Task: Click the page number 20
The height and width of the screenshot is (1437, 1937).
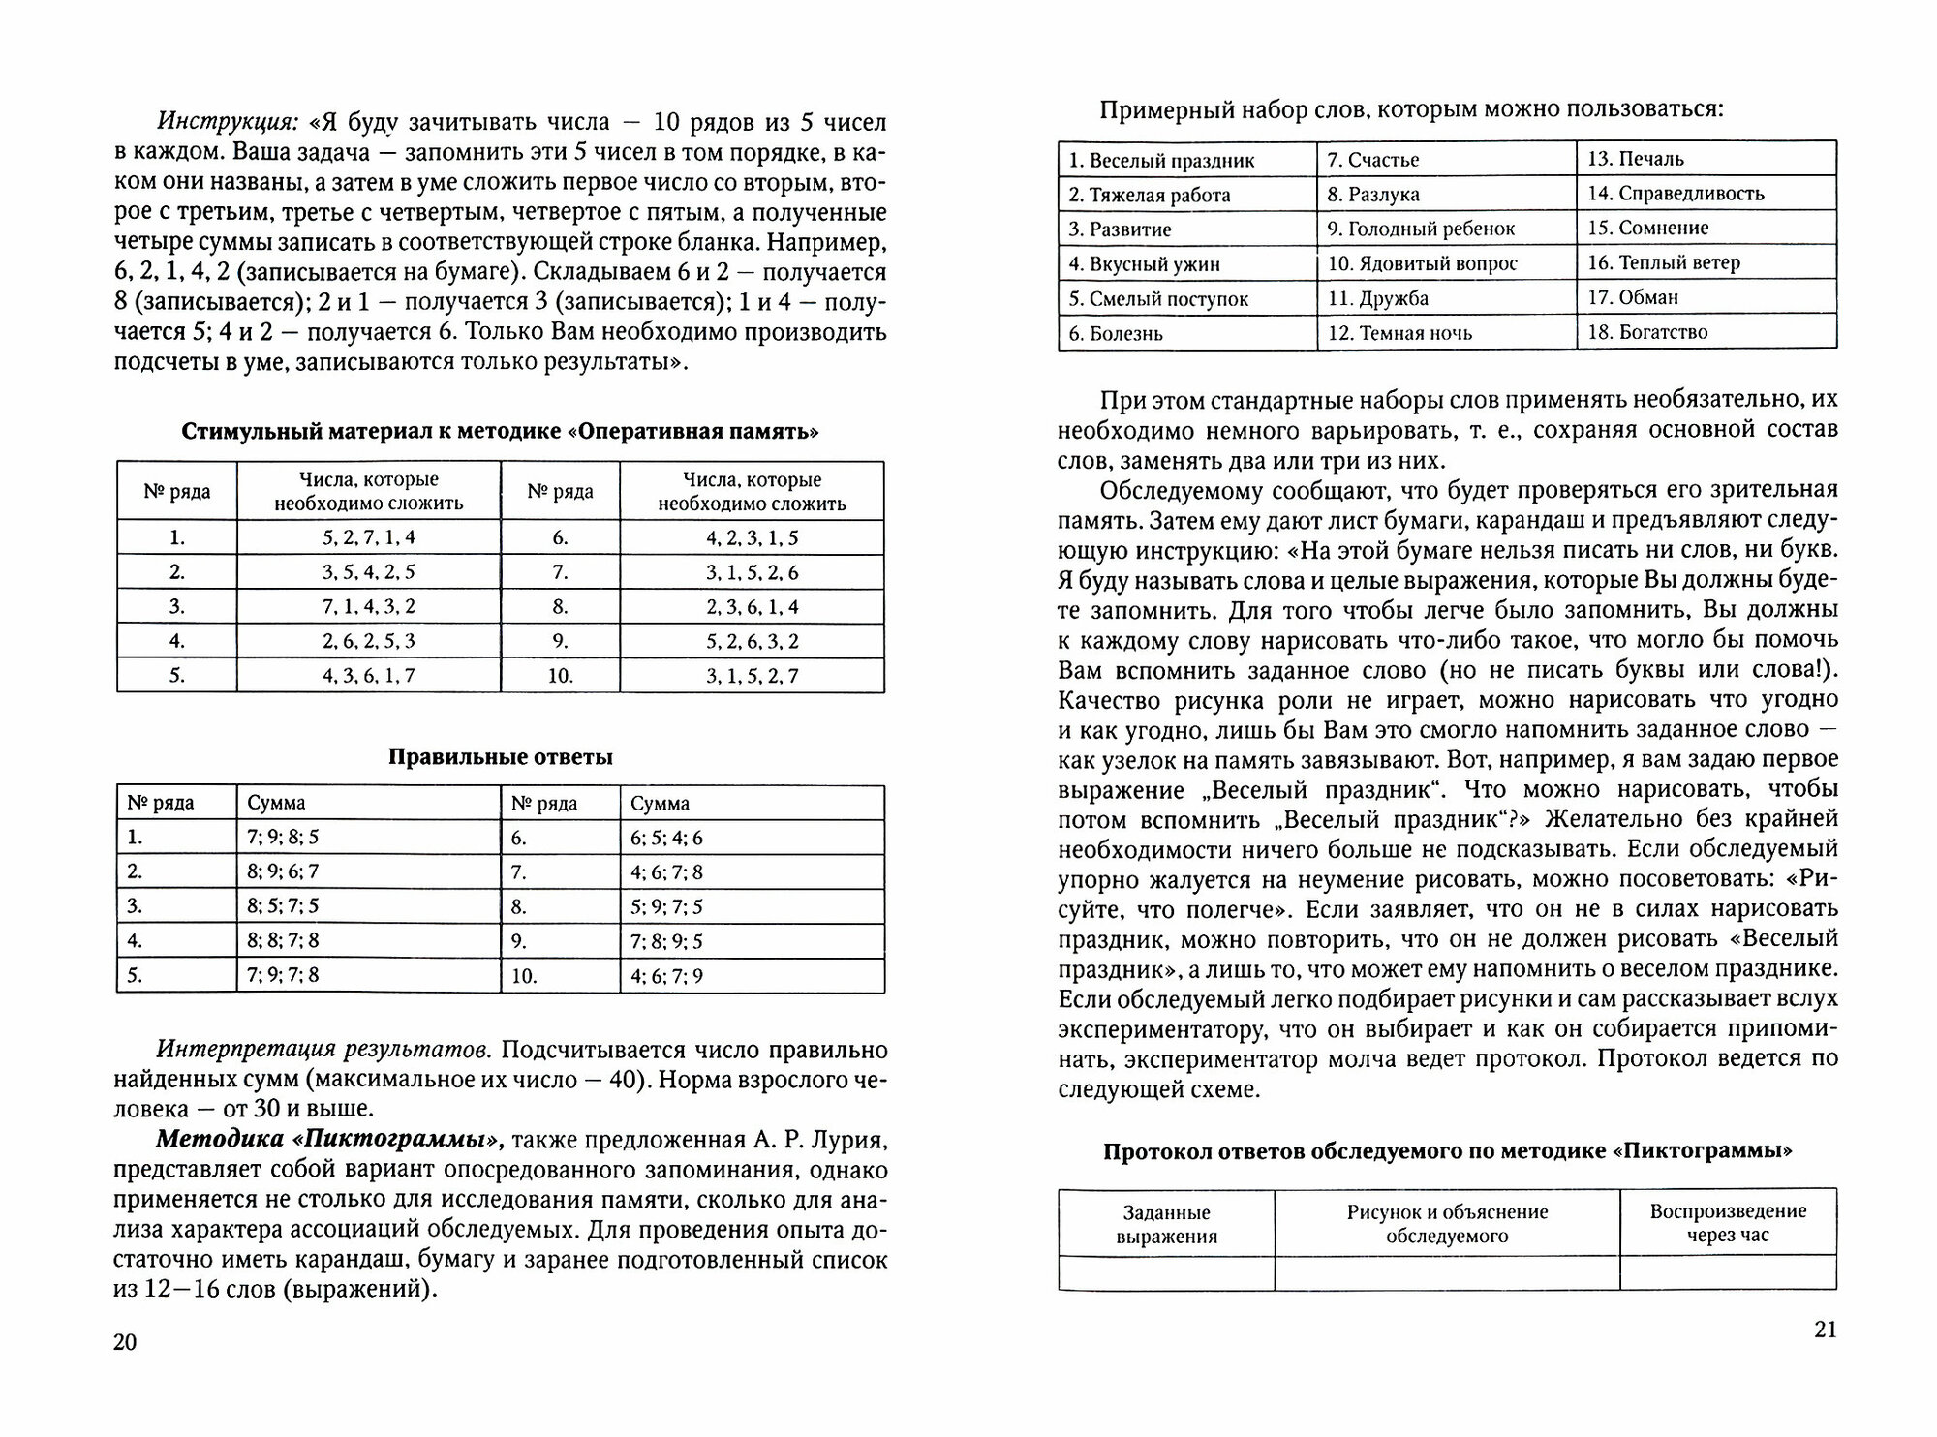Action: pos(126,1341)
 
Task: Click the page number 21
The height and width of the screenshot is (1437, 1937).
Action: pos(1824,1329)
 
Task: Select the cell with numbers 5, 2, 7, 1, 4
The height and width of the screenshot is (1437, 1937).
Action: pos(368,537)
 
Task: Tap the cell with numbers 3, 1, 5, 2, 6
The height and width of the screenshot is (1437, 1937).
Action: pos(752,572)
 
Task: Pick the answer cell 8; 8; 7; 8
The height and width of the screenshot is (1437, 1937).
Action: pos(283,940)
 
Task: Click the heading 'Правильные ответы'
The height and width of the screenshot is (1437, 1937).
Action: pos(500,757)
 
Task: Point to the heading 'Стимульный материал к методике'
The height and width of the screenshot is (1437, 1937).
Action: pos(500,432)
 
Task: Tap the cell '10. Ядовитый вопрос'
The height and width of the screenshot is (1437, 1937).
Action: pos(1422,263)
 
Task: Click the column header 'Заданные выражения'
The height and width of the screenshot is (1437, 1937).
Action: pos(1166,1224)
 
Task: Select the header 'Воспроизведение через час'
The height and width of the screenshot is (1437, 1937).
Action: pos(1728,1223)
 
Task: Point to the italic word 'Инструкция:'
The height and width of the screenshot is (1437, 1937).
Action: pos(228,124)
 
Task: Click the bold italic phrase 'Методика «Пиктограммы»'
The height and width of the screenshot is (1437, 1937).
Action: pos(330,1140)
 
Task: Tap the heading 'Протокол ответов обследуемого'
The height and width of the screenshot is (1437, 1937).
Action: pos(1447,1151)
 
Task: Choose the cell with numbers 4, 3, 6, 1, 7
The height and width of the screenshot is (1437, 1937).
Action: pos(368,675)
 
